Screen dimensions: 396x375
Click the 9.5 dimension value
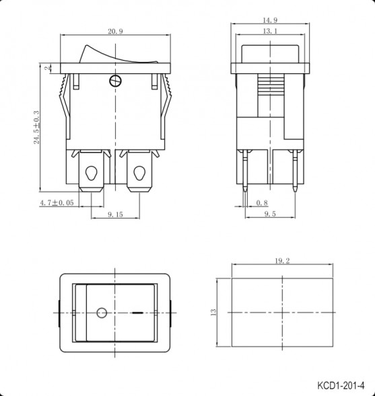click(x=270, y=214)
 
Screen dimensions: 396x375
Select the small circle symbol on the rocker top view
click(x=102, y=313)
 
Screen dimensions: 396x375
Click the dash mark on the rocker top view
click(x=138, y=313)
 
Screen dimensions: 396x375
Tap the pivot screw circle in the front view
click(x=115, y=82)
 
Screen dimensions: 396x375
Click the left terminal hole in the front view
click(x=90, y=173)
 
